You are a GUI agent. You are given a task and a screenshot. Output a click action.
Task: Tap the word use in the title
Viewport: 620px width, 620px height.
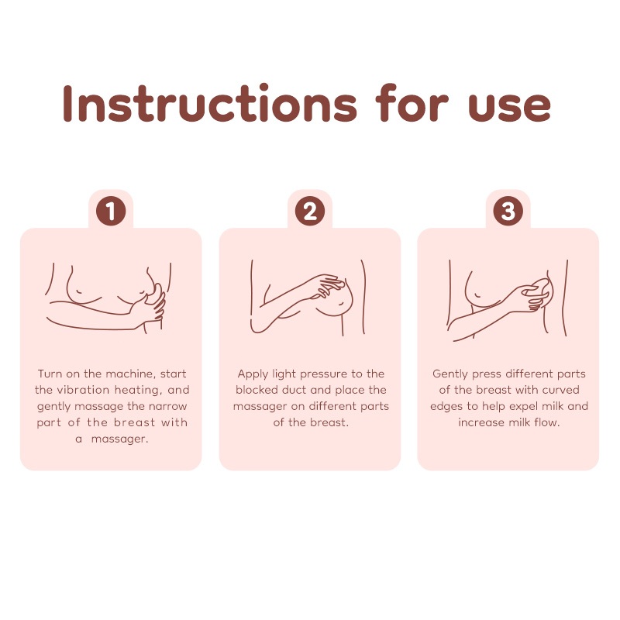tap(509, 107)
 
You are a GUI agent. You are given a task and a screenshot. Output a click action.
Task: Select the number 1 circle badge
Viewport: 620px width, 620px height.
tap(111, 211)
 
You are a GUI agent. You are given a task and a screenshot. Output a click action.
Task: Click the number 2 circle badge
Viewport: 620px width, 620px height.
tap(310, 211)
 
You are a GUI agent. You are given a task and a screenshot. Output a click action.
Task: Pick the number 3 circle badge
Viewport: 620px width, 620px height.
tap(508, 211)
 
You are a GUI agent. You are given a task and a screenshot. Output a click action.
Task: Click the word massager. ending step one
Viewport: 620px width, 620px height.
tap(119, 439)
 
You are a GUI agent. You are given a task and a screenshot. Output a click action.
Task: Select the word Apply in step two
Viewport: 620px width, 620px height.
tap(253, 374)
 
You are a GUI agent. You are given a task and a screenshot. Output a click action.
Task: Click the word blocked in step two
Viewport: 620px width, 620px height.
tap(257, 390)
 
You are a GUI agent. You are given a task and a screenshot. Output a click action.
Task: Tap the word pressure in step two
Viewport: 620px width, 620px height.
tap(324, 375)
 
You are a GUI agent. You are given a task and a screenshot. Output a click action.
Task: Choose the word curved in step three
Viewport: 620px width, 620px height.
tap(560, 391)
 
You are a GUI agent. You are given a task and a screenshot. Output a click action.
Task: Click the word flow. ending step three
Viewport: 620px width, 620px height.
tap(547, 422)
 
